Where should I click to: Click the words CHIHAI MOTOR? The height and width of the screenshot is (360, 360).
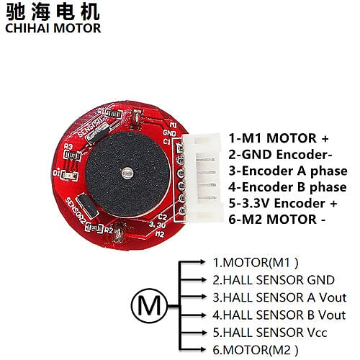[x=53, y=29]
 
